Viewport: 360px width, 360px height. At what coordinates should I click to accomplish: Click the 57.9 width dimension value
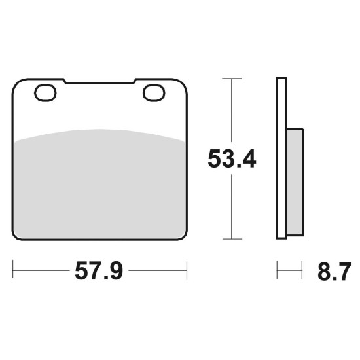(99, 271)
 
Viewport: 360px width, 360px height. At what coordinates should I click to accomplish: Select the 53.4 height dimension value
(232, 158)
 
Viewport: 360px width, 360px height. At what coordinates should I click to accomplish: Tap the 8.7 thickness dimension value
(334, 272)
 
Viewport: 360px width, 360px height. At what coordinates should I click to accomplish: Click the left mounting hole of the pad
(45, 93)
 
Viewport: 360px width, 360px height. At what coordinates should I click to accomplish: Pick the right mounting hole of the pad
(154, 93)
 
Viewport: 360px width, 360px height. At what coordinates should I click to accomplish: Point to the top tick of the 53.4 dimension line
(232, 79)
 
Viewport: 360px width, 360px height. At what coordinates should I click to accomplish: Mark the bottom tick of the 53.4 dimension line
(232, 239)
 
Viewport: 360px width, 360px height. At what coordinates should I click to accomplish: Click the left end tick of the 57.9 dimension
(13, 269)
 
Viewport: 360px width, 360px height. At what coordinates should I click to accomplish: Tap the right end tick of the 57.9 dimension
(187, 270)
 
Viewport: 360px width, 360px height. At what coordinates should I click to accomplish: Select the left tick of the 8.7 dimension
(277, 270)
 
